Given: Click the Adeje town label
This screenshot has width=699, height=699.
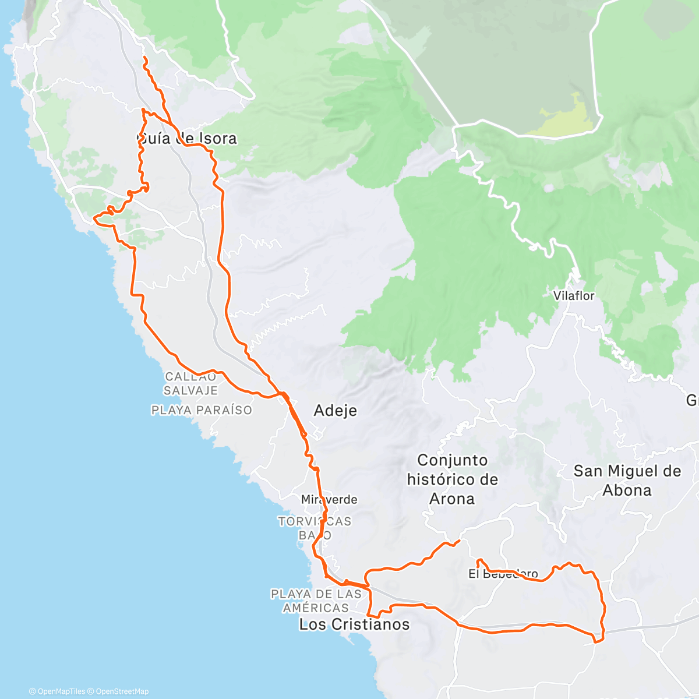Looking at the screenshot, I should point(335,411).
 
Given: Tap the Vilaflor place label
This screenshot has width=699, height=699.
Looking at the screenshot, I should point(574,296).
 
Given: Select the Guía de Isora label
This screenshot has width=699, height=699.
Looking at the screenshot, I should point(186,139).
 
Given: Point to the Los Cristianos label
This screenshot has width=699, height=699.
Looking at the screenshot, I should point(354,624).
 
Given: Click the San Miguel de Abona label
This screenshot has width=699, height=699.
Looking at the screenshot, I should point(627,481).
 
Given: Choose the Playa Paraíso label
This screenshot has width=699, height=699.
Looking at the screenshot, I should point(202,410).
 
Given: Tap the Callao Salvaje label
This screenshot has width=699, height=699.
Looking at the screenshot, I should point(190,384).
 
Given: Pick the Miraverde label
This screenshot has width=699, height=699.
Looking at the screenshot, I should point(329,500).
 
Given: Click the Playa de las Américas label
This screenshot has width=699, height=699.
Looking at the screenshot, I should point(316,601).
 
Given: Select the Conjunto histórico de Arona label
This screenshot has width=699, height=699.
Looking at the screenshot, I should point(452,479).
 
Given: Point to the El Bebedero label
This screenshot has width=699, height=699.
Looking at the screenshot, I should point(503,574).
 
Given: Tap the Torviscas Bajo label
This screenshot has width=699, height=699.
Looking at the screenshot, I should point(315,528).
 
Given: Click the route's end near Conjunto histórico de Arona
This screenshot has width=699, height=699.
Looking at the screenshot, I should point(460,541).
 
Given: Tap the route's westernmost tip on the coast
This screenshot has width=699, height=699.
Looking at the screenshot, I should point(94,219).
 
